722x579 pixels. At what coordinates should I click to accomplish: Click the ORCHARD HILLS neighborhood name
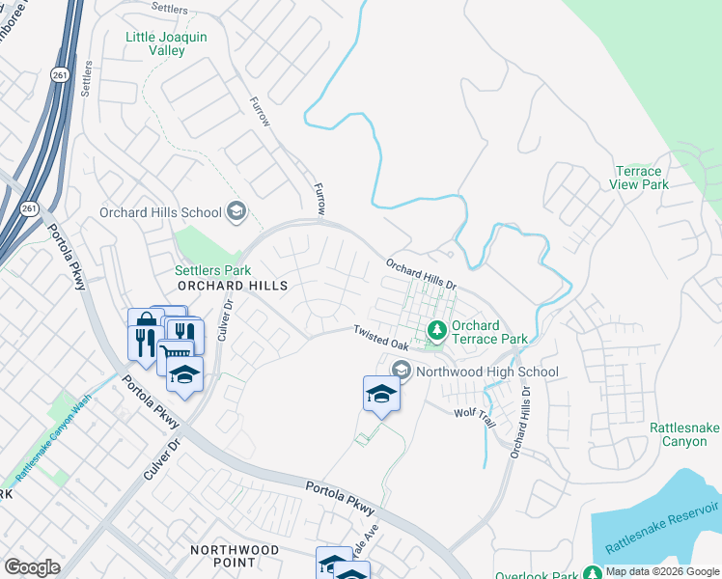click(232, 287)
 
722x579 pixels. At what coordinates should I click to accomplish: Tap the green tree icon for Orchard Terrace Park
click(437, 331)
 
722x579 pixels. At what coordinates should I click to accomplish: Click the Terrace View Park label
click(640, 178)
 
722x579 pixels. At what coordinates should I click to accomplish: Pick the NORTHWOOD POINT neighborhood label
click(235, 556)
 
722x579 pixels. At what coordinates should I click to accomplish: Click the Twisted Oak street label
click(379, 337)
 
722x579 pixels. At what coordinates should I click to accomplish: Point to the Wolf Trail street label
click(474, 412)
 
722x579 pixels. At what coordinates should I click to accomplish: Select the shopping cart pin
click(175, 354)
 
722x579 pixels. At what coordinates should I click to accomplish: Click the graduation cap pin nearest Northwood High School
click(381, 393)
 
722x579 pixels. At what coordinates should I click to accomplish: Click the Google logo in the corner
click(32, 567)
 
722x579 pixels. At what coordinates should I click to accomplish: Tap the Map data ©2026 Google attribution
click(661, 571)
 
